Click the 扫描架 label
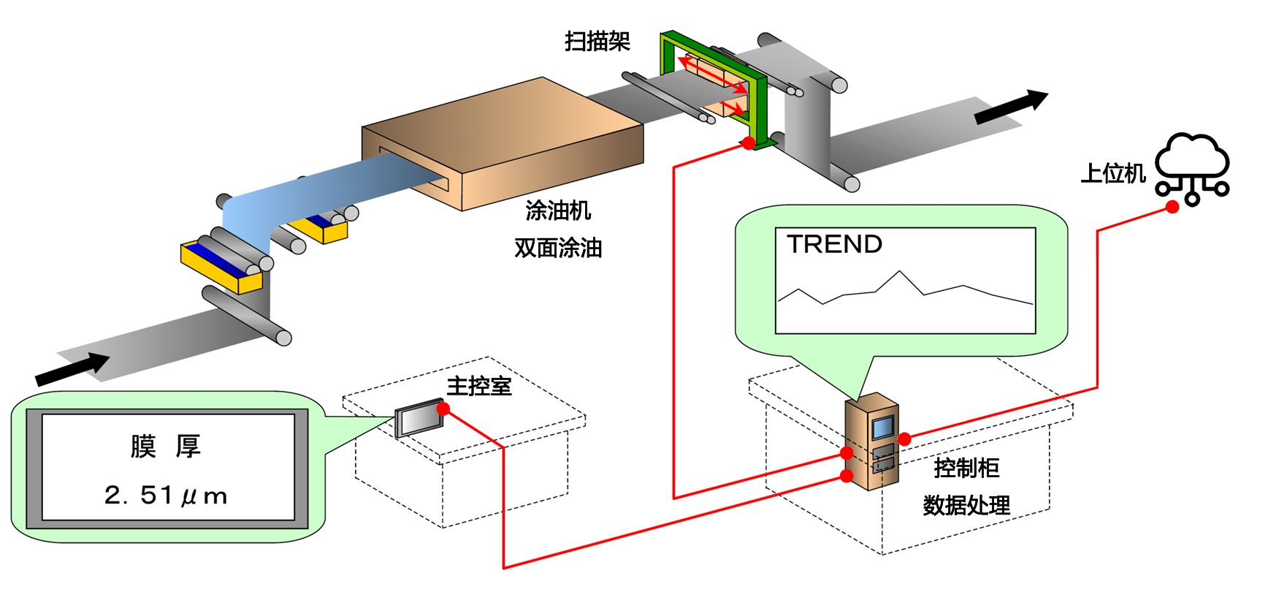[x=597, y=42]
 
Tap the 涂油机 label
[x=558, y=211]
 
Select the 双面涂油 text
[x=558, y=248]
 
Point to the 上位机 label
[x=1112, y=174]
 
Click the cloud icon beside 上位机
[x=1192, y=161]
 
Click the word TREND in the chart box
[x=834, y=244]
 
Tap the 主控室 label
[x=479, y=386]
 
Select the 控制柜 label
[x=966, y=468]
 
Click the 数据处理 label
[x=966, y=505]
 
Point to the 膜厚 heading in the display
[x=166, y=446]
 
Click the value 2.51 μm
[x=166, y=496]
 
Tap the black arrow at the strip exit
[x=1012, y=107]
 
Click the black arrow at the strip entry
[x=72, y=369]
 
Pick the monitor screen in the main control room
[x=419, y=420]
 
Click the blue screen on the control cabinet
[x=883, y=427]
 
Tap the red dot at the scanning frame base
[x=749, y=143]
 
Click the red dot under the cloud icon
[x=1172, y=207]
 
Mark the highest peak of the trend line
[x=900, y=272]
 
